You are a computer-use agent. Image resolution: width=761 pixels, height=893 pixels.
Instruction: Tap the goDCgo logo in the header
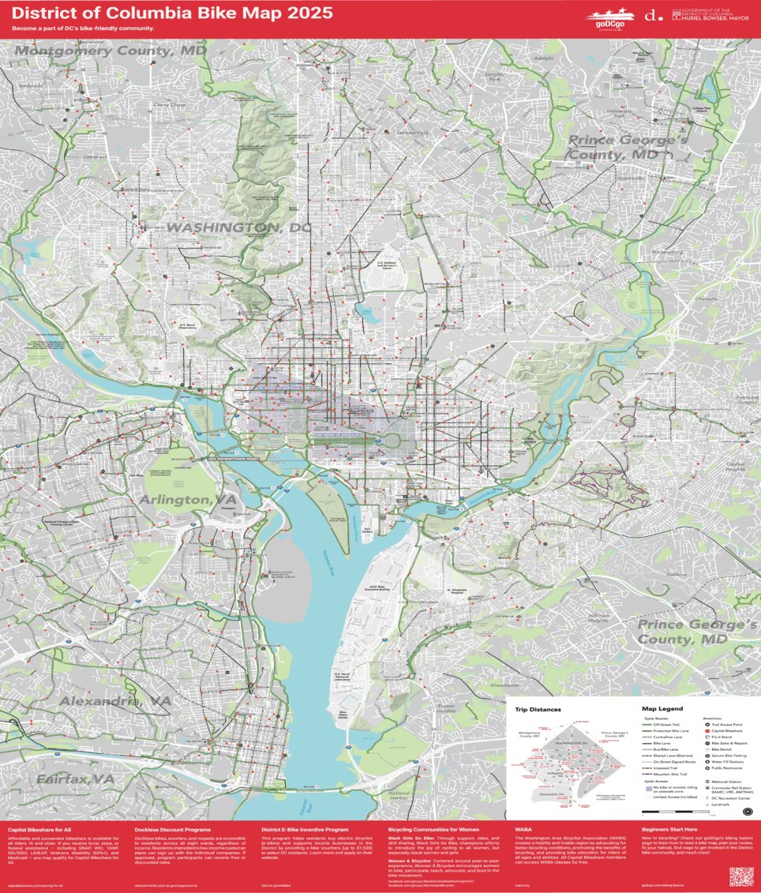coord(609,17)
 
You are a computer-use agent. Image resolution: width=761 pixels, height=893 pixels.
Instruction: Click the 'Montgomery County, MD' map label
coord(111,51)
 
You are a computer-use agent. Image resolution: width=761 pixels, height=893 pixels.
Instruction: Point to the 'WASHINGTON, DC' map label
coord(238,227)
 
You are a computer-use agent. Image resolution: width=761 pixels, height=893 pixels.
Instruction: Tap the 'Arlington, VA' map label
coord(187,500)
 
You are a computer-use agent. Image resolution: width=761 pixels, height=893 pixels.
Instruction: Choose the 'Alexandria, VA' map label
coord(115,701)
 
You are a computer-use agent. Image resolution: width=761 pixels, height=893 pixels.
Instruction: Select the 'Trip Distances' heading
coord(536,709)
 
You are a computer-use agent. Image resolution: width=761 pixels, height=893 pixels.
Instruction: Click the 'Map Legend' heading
coord(662,709)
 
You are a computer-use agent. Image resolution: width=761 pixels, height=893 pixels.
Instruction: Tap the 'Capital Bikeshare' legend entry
coord(729,730)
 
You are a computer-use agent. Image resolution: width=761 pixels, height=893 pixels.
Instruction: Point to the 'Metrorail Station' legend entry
coord(729,782)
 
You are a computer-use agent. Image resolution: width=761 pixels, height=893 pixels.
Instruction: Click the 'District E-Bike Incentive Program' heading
coord(305,830)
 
